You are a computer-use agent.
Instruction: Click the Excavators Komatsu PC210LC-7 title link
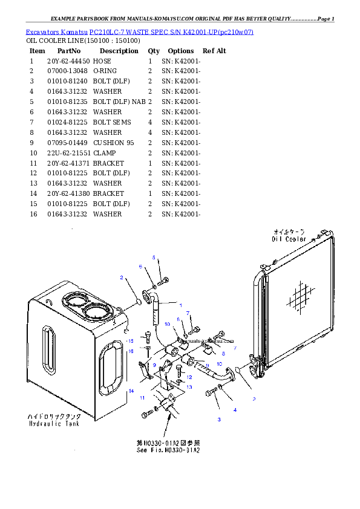tap(139, 31)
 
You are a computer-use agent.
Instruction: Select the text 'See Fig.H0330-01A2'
tap(166, 450)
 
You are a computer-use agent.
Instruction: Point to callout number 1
tap(179, 304)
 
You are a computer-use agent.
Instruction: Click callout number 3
tap(219, 419)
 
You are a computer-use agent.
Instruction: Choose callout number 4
tap(235, 410)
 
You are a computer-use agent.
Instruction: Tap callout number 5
tap(154, 258)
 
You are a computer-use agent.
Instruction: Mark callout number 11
tap(142, 398)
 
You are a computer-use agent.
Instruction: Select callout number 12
tap(189, 377)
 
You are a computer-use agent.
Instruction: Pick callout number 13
tap(189, 387)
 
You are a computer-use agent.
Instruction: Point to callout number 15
tap(129, 341)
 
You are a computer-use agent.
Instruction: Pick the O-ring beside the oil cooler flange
tap(240, 369)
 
